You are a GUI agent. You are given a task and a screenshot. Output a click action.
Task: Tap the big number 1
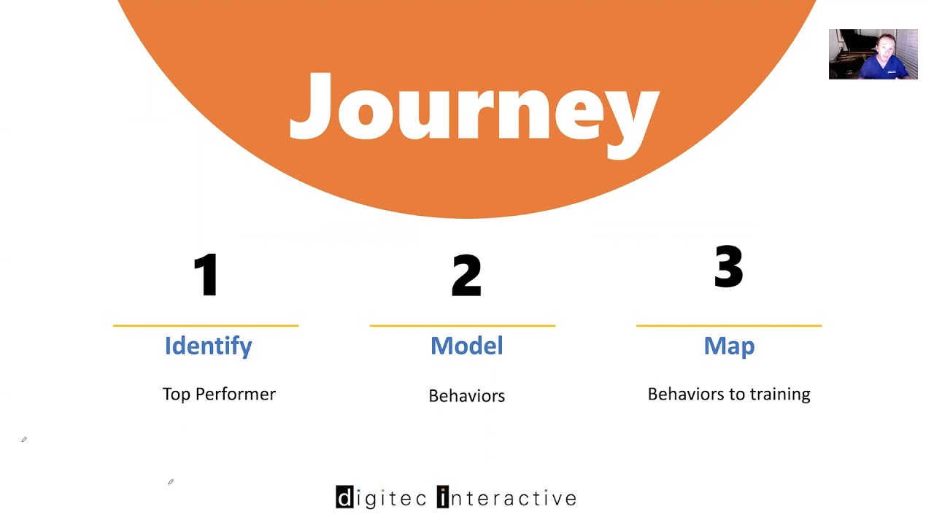[207, 275]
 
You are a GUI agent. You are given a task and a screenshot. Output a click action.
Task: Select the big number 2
[466, 276]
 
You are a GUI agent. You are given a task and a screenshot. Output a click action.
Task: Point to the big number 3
[728, 267]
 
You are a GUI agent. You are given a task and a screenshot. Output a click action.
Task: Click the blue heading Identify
[208, 346]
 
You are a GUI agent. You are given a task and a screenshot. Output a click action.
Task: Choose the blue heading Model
[466, 346]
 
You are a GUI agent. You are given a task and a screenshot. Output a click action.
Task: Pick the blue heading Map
[729, 346]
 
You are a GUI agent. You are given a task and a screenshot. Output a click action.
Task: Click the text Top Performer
[219, 394]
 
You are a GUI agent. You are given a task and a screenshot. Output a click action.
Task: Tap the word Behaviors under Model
[466, 396]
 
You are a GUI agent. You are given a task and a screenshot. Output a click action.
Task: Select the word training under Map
[782, 394]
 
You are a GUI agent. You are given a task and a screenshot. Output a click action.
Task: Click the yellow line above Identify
[206, 325]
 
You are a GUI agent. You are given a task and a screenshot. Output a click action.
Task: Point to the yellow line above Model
[463, 325]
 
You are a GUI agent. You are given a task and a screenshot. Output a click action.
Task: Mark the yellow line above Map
[729, 325]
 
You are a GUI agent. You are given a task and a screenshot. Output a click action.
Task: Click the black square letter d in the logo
[344, 497]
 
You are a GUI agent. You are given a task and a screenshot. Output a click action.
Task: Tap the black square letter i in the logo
[443, 497]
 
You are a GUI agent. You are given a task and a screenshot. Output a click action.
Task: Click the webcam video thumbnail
[873, 54]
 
